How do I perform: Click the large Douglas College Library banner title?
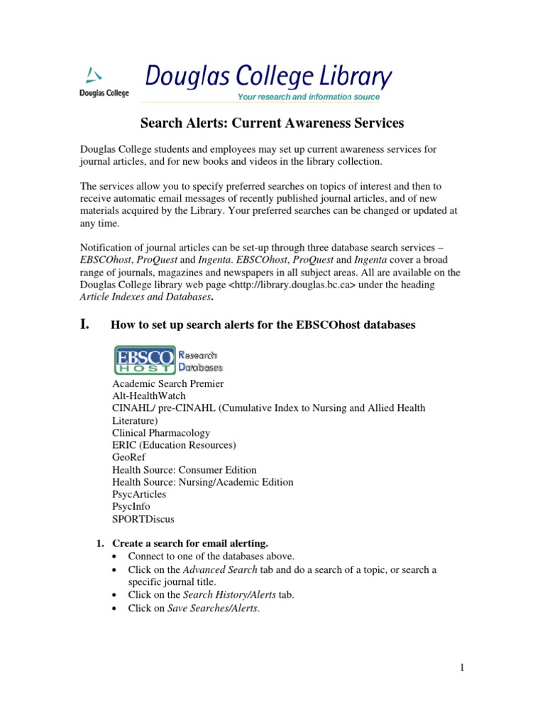point(268,75)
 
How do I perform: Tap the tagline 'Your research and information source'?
point(309,97)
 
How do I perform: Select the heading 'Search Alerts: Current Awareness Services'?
point(272,124)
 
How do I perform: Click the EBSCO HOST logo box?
point(144,359)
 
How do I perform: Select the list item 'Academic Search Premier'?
point(167,383)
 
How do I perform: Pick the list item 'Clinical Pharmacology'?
point(161,432)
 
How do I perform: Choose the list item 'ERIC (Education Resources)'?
point(174,445)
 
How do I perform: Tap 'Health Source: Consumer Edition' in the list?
point(185,470)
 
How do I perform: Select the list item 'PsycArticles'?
point(139,494)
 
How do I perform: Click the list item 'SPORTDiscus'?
point(143,519)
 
